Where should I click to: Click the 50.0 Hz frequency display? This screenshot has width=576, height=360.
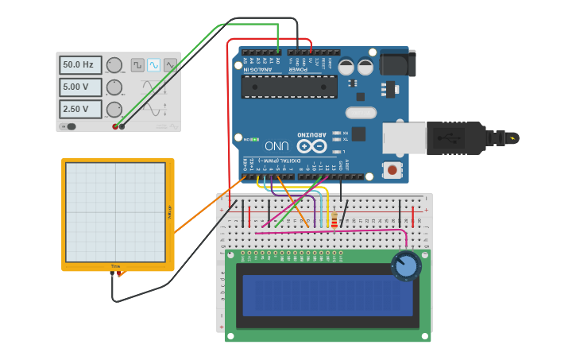(x=80, y=64)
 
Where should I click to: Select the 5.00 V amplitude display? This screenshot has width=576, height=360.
(x=80, y=87)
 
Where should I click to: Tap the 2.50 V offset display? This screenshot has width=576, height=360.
(x=80, y=109)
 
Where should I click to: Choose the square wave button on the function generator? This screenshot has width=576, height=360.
(x=137, y=65)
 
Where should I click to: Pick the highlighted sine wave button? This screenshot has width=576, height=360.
(x=153, y=65)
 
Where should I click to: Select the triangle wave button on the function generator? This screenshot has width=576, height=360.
(x=169, y=65)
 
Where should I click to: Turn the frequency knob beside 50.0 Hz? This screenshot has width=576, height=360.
(x=114, y=65)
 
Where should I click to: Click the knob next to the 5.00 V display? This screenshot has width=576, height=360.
(x=114, y=87)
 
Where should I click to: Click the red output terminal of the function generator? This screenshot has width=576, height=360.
(x=115, y=126)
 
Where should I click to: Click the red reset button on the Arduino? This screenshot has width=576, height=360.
(x=392, y=169)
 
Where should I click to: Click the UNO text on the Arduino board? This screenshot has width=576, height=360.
(x=277, y=145)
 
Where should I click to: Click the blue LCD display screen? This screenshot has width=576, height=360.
(x=327, y=296)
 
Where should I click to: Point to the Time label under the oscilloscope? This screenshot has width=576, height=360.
(x=115, y=266)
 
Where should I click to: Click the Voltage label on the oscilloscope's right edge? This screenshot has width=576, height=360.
(x=168, y=211)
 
